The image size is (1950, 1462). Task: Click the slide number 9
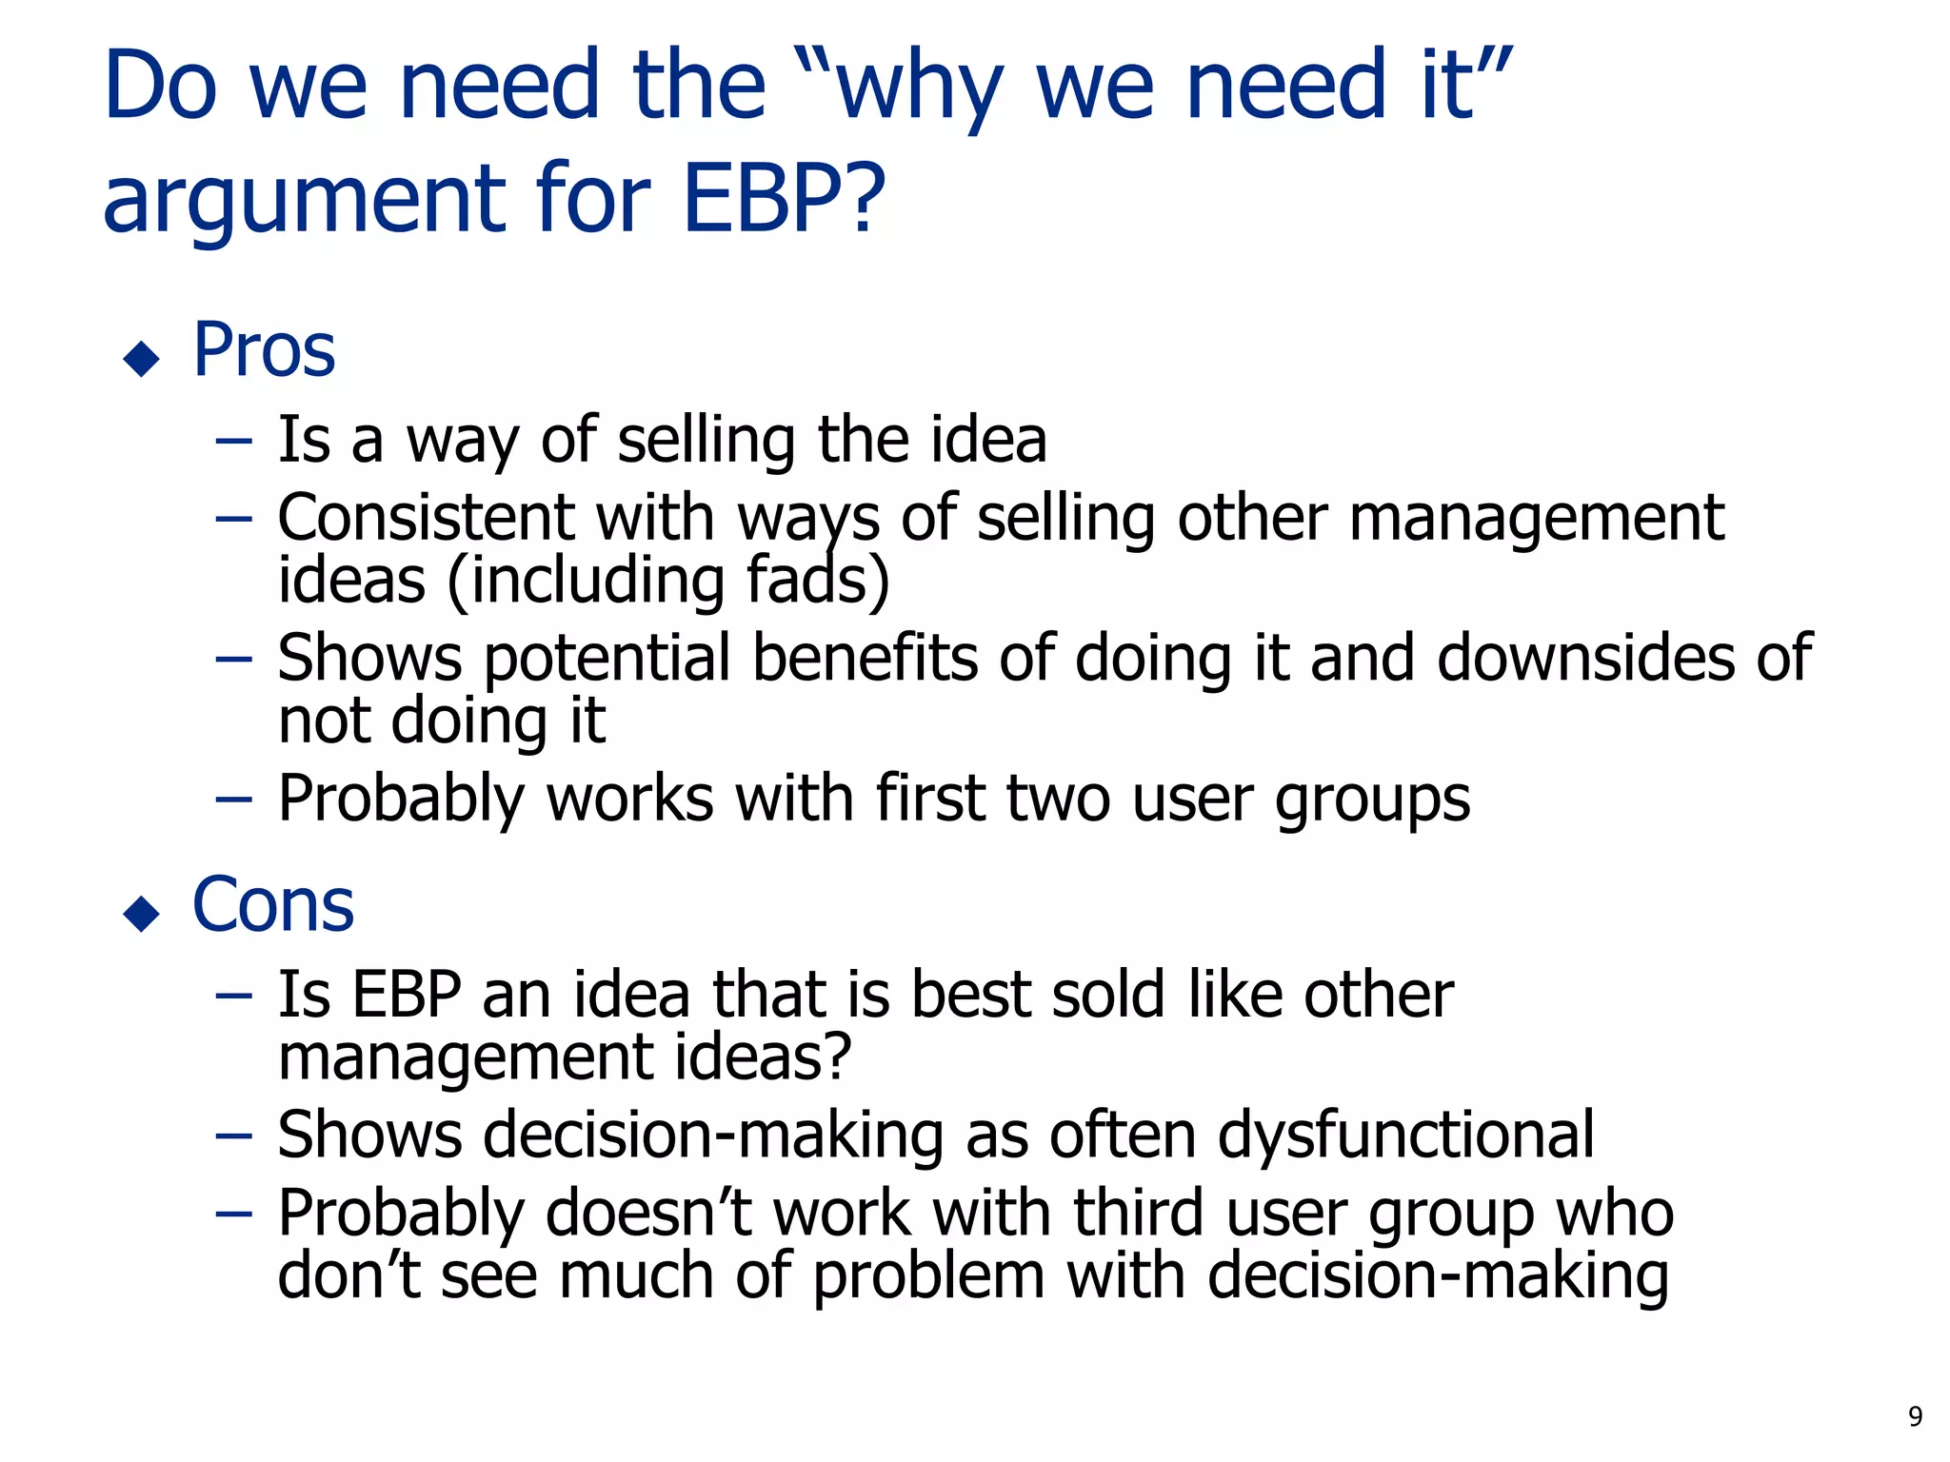[x=1915, y=1417]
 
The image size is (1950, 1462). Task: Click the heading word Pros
[x=264, y=350]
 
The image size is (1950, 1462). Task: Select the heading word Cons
[x=273, y=905]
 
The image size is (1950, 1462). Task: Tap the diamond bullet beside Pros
[x=142, y=359]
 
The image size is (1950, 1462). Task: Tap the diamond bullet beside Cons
[x=142, y=914]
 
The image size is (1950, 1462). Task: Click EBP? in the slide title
[x=784, y=199]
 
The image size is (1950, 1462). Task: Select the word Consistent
[x=426, y=518]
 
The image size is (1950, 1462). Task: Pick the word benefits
[x=865, y=658]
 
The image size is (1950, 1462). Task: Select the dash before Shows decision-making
[x=233, y=1136]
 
